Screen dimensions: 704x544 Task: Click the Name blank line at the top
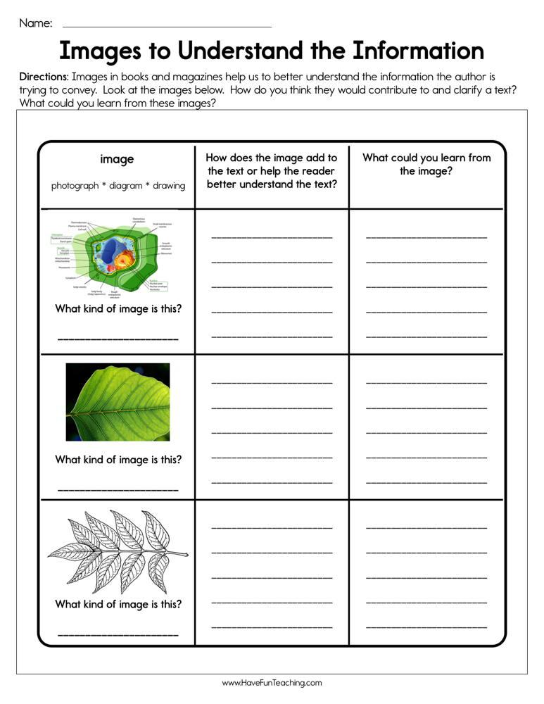pos(167,26)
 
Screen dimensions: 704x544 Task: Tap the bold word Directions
pos(44,76)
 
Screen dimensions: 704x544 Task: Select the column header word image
pos(117,159)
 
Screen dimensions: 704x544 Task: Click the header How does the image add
pos(272,158)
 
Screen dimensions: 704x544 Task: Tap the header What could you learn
pos(426,158)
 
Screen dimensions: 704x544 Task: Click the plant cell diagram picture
pos(118,254)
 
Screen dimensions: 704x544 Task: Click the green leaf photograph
pos(118,402)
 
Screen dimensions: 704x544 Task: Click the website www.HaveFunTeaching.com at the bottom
pos(272,683)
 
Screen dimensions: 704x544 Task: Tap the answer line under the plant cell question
pos(118,339)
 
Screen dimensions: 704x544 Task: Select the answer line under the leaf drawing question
pos(118,634)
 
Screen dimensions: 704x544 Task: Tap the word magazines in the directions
pos(188,76)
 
